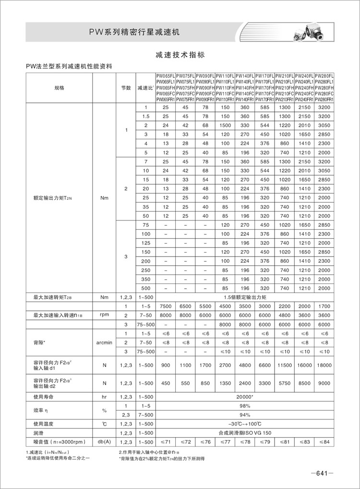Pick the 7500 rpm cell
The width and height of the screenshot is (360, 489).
click(x=166, y=306)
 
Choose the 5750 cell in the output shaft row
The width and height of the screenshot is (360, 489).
click(x=285, y=383)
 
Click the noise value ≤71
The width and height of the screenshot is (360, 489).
click(x=166, y=441)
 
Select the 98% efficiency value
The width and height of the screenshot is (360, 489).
click(x=245, y=406)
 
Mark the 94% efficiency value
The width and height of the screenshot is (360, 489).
click(x=245, y=415)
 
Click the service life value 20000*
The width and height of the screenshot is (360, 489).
click(x=245, y=397)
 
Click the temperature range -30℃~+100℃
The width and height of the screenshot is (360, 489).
click(x=245, y=424)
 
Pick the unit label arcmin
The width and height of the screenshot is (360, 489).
click(x=104, y=342)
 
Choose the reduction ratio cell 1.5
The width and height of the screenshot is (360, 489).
click(x=146, y=116)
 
